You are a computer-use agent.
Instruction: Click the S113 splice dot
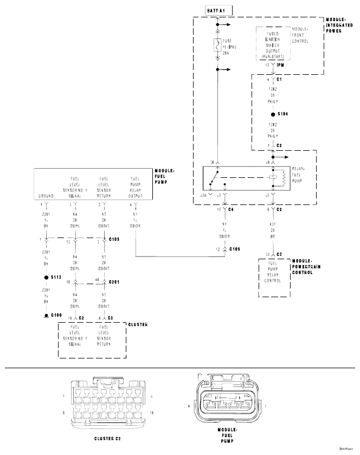[46, 277]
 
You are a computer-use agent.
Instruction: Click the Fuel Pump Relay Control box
[275, 274]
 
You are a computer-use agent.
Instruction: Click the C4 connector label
[230, 209]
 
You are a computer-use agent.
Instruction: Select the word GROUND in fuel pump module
[46, 196]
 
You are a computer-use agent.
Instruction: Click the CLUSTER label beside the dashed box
[138, 324]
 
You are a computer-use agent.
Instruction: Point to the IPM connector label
[280, 65]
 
